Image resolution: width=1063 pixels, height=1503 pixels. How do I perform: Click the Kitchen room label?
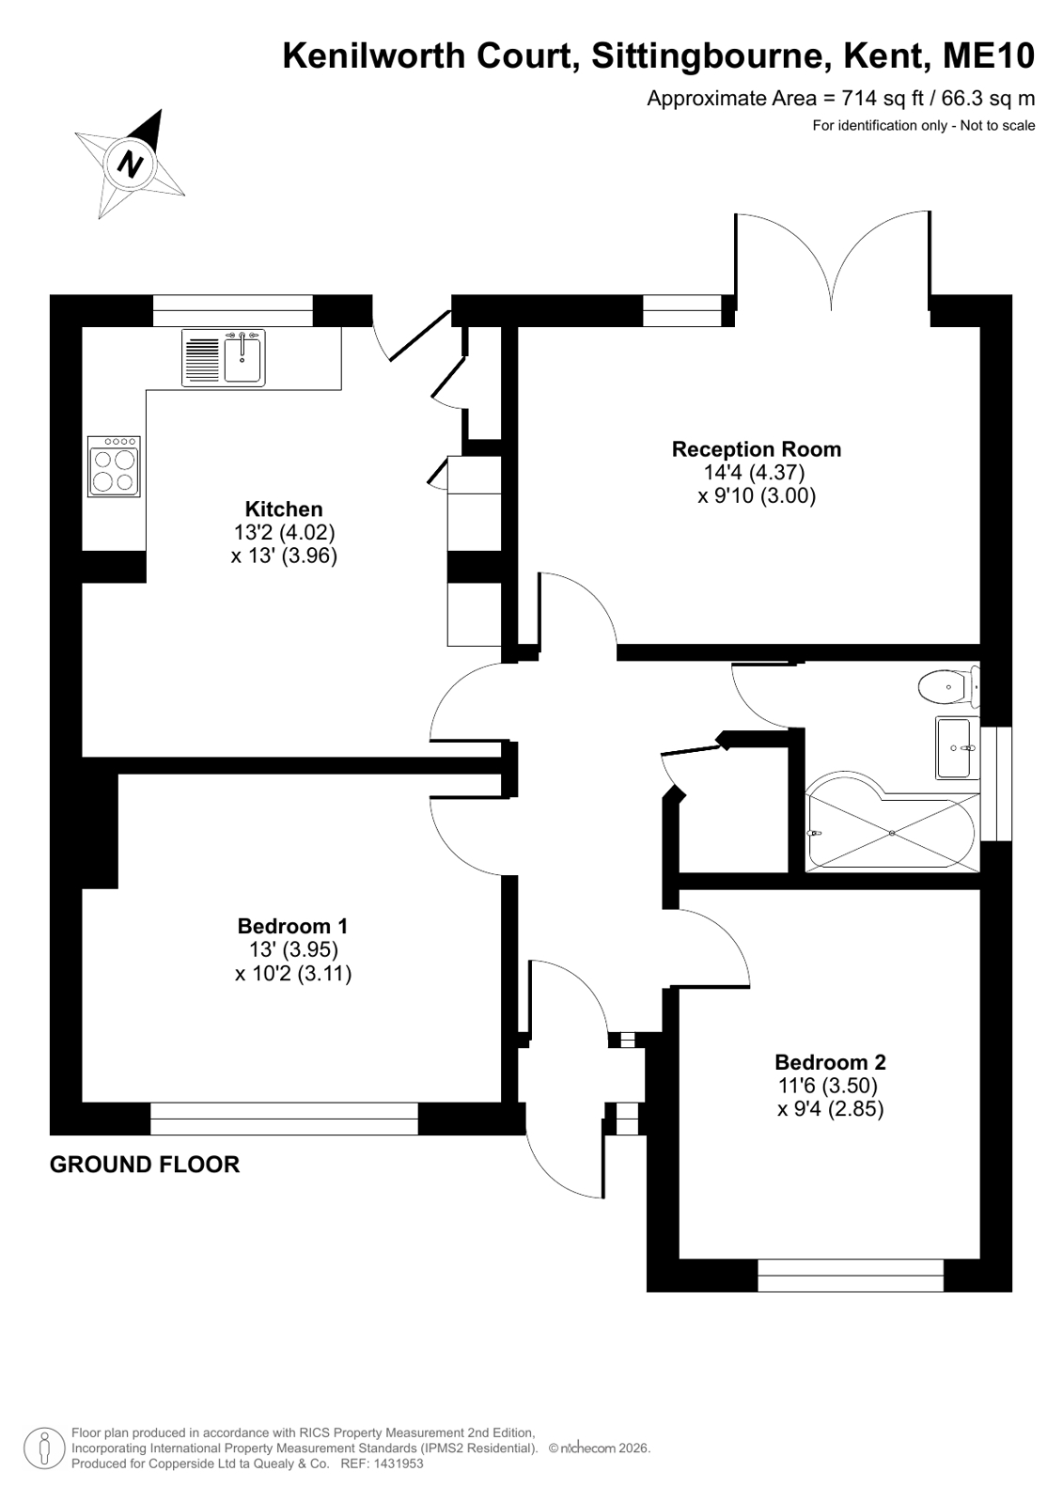point(284,509)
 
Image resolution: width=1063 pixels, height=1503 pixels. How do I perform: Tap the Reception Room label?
point(757,449)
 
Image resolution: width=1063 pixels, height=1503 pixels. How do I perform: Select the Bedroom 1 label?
point(292,926)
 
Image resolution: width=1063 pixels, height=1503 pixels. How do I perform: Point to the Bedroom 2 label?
point(830,1062)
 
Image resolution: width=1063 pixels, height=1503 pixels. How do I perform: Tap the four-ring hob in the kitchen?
point(114,466)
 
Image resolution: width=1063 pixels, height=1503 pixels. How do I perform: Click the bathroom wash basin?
point(957,747)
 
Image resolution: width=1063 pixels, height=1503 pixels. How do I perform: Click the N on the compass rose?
point(131,163)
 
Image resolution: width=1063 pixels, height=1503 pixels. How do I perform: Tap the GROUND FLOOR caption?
point(145,1165)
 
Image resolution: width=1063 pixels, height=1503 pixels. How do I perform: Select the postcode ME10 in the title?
point(989,55)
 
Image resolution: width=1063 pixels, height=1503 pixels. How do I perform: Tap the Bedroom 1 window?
point(284,1119)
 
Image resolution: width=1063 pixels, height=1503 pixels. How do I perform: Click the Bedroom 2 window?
point(851,1275)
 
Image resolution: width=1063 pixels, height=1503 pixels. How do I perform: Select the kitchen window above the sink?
point(233,311)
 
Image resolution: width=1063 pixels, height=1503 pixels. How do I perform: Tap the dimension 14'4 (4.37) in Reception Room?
point(754,473)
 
